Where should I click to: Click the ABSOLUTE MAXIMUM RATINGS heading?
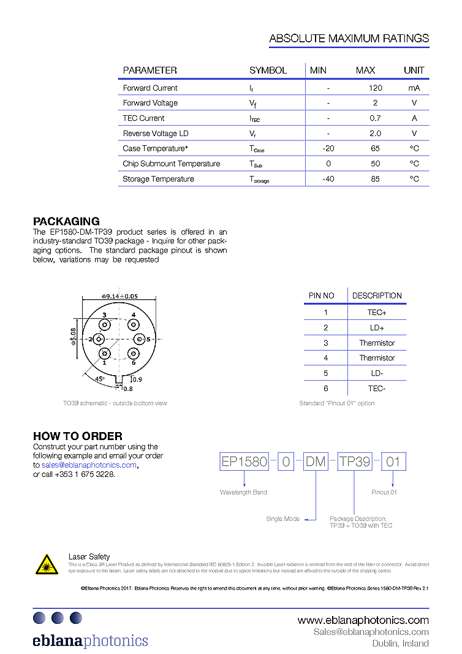tap(349, 39)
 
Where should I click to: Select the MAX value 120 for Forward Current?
tap(375, 88)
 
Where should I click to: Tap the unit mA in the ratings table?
tap(414, 88)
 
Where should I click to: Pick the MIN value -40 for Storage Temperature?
tap(328, 179)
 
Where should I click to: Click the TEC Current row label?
tap(143, 118)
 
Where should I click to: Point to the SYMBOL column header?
tap(268, 70)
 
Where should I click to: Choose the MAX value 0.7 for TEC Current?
tap(375, 118)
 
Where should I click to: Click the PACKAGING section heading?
tap(66, 221)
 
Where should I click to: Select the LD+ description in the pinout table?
tap(377, 328)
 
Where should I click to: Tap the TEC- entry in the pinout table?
tap(377, 388)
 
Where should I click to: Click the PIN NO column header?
tap(322, 295)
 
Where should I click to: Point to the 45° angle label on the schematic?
tap(100, 379)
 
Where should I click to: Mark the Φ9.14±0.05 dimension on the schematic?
tap(119, 296)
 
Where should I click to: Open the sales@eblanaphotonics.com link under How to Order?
tap(89, 465)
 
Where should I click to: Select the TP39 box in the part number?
tap(354, 462)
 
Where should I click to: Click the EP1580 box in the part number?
tap(244, 462)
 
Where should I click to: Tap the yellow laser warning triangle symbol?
tap(47, 564)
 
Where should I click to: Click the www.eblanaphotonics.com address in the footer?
tap(363, 620)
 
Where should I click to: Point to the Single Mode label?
tap(282, 519)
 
